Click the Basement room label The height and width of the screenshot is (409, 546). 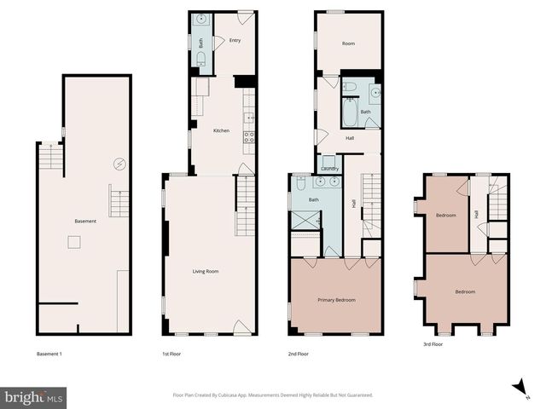(x=85, y=222)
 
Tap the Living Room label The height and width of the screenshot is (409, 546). (x=205, y=271)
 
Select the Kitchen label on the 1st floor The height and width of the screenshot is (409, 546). (x=221, y=130)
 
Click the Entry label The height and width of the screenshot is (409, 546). (x=235, y=40)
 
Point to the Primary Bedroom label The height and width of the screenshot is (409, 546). (x=336, y=300)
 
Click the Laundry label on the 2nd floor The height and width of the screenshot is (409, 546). (x=330, y=169)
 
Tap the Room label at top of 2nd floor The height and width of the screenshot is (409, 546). (x=348, y=43)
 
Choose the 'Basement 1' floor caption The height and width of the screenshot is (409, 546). (x=50, y=354)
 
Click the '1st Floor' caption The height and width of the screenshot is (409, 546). (x=171, y=354)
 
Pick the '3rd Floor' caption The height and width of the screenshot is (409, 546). (x=433, y=344)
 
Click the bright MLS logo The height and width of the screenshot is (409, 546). (x=34, y=397)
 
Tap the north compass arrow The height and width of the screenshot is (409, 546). (x=518, y=388)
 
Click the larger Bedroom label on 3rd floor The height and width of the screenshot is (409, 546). (x=464, y=292)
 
